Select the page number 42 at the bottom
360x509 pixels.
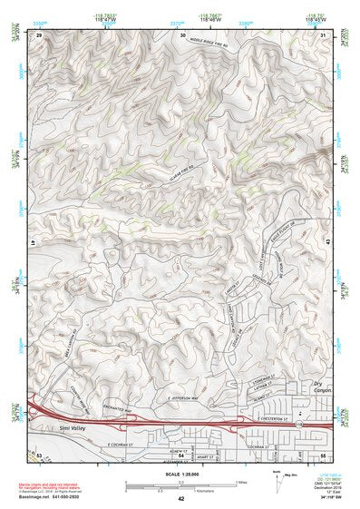click(x=181, y=499)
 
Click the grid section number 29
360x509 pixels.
click(x=40, y=34)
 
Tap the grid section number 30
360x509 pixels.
click(x=183, y=34)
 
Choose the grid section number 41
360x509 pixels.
click(x=37, y=244)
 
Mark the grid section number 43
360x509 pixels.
click(x=326, y=244)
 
